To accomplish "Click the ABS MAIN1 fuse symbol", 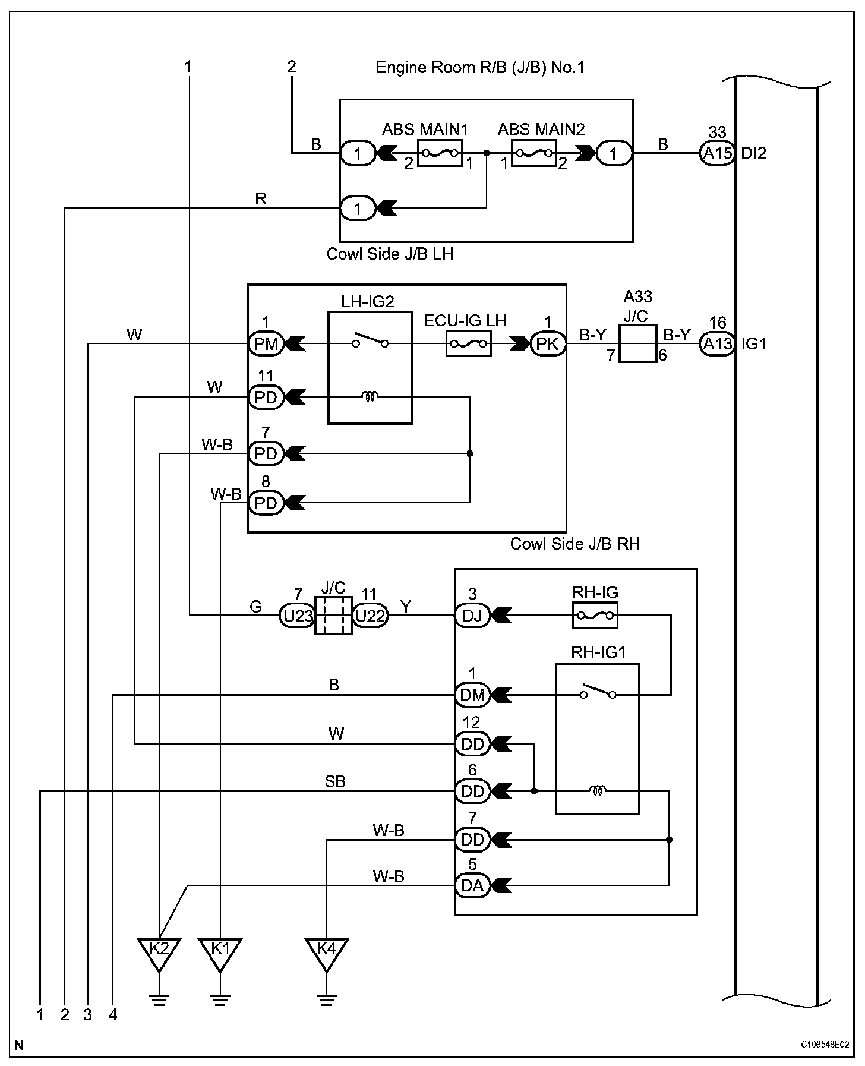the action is [440, 153].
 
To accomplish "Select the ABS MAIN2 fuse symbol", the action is [533, 153].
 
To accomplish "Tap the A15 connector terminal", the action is [717, 153].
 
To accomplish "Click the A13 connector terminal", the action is [717, 344].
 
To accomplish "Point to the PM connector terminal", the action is [266, 344].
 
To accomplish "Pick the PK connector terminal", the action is [548, 344].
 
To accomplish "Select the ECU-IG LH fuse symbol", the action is [469, 343].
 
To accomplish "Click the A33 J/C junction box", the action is [638, 344].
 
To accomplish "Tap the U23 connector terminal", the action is [297, 616].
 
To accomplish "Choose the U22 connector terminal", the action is [370, 616].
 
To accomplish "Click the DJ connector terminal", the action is [472, 616].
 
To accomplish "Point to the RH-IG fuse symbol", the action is [595, 616].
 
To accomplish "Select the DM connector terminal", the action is [472, 695].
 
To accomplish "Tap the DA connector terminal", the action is [472, 886].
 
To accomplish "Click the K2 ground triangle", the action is [159, 954].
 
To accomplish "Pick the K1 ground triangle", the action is [220, 954].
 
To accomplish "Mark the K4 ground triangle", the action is [326, 954].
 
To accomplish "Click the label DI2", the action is [754, 153].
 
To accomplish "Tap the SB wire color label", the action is [335, 782].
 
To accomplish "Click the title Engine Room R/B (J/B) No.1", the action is [480, 67].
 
